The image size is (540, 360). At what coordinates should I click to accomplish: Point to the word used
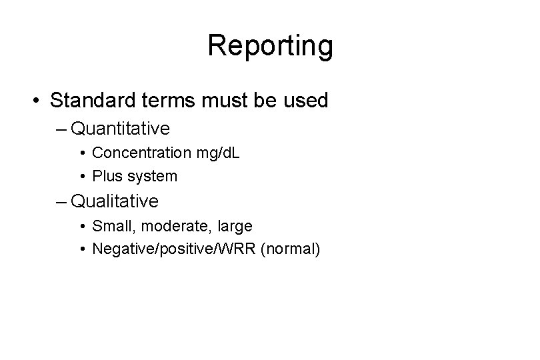coord(305,101)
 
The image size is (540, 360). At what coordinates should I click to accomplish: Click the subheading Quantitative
coord(119,127)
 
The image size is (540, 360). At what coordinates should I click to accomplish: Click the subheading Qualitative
coord(115,200)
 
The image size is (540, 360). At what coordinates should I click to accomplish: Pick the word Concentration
coord(141,153)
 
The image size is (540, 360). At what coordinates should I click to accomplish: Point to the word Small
coord(110,226)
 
